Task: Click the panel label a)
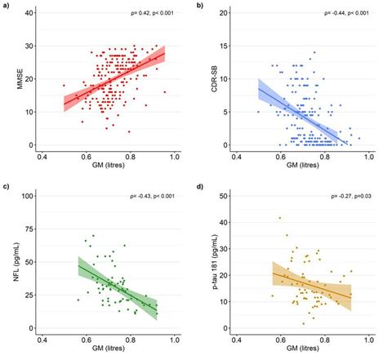click(x=6, y=6)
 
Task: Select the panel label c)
click(x=6, y=188)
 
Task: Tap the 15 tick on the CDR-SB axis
click(x=225, y=13)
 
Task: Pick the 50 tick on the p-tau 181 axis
click(x=225, y=195)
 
